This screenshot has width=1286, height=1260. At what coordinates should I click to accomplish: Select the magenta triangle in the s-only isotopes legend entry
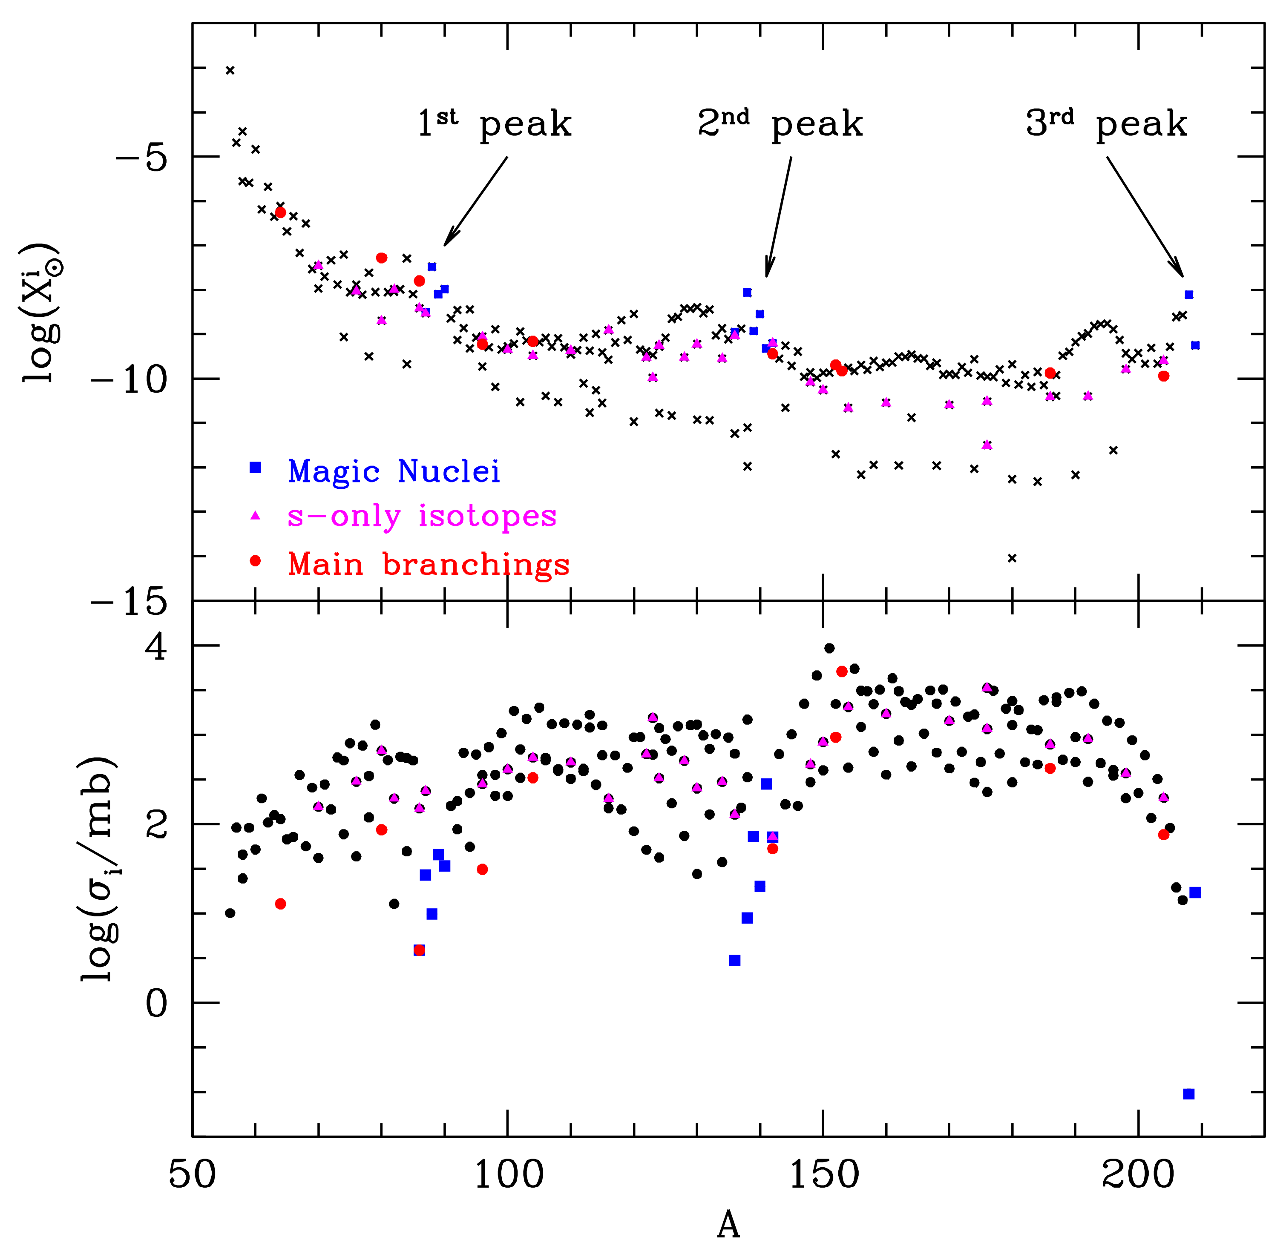point(255,516)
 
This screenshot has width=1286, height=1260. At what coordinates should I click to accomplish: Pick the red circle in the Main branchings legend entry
point(255,561)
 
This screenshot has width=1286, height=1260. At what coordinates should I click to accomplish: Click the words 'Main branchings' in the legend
point(429,565)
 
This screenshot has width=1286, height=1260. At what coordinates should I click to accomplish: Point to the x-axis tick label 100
point(508,1174)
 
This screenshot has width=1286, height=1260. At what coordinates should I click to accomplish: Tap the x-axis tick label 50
point(192,1174)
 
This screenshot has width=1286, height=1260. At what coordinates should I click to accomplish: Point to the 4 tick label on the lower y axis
point(156,646)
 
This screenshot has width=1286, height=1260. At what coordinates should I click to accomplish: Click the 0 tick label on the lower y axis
point(156,1002)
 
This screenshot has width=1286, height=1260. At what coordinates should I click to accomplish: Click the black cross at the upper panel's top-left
point(230,70)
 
